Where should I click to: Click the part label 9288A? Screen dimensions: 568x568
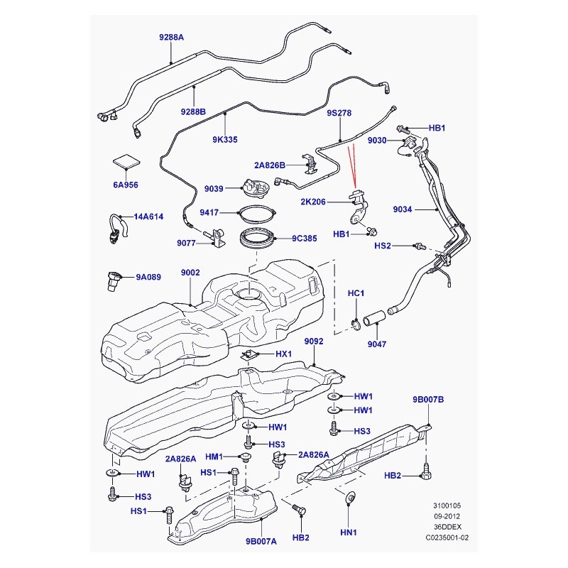(x=171, y=38)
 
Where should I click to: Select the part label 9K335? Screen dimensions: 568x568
(x=225, y=139)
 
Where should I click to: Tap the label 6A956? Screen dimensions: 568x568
(x=126, y=185)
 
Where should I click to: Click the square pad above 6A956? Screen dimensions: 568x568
(x=126, y=161)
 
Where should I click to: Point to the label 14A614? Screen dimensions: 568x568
(x=148, y=217)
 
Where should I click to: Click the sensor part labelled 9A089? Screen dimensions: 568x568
(x=113, y=280)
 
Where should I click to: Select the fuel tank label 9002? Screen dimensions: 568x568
(x=190, y=273)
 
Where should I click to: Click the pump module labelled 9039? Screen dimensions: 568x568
(x=256, y=187)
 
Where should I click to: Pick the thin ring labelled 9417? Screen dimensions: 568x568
(x=257, y=212)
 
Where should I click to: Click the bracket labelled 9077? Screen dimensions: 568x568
(x=217, y=238)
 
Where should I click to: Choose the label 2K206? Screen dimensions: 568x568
(x=313, y=202)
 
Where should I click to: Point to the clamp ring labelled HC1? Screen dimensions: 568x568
(x=356, y=324)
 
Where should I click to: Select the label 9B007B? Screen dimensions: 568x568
(x=428, y=400)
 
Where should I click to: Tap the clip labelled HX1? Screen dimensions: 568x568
(x=249, y=356)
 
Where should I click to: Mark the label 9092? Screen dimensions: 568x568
(x=314, y=342)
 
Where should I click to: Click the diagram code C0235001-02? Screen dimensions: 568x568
(x=447, y=537)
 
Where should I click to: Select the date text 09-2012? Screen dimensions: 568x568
(x=447, y=516)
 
